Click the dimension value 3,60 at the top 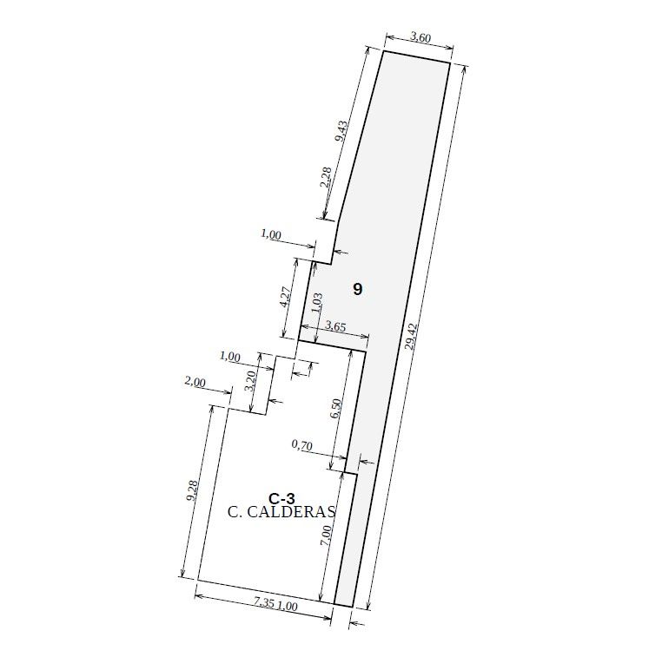coord(420,38)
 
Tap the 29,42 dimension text coord(411,336)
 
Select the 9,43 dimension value coord(341,131)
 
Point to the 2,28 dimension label coord(326,178)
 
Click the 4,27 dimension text coord(285,297)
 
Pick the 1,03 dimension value coord(316,302)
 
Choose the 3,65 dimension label coord(336,326)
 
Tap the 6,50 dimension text coord(336,409)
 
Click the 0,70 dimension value coord(301,444)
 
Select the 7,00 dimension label coord(325,536)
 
